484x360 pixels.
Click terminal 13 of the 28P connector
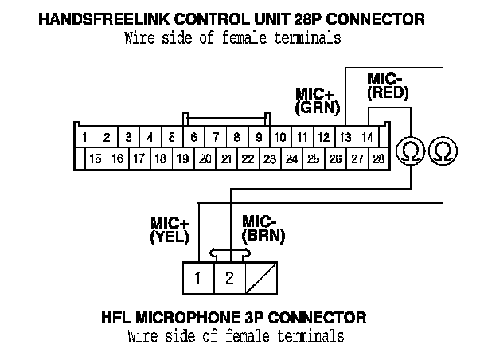346,137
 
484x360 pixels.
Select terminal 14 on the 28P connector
368,137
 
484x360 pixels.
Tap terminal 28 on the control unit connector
378,158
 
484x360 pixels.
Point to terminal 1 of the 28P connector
84,137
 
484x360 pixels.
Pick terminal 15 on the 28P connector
96,158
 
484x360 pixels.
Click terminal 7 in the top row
215,137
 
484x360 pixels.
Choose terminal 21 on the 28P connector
226,158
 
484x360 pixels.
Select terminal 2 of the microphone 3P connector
229,278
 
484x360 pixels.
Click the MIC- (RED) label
388,86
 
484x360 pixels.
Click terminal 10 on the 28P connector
280,137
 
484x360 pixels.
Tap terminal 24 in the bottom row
291,158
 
